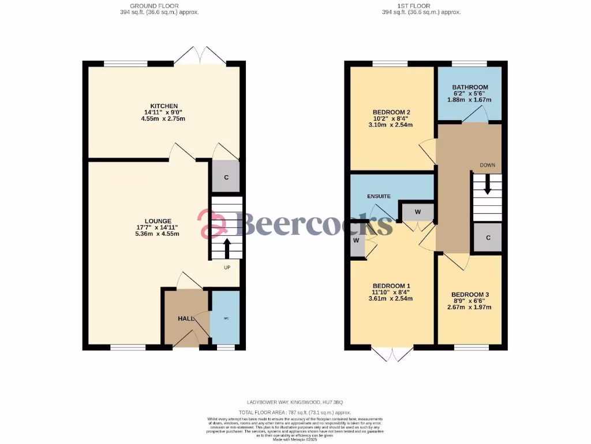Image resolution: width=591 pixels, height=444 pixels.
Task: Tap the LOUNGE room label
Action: tap(157, 221)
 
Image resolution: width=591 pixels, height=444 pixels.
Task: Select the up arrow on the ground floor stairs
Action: tap(226, 248)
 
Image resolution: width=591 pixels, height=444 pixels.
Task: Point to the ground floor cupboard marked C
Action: tap(226, 177)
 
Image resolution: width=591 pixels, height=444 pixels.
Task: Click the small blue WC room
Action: tap(225, 318)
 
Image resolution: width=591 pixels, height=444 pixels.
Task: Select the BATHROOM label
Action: tap(470, 87)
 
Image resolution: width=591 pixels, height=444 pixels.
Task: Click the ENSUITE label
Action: tap(380, 197)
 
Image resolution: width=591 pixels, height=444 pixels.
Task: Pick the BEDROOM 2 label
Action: tap(391, 112)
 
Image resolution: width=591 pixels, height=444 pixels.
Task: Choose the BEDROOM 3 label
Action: tap(470, 295)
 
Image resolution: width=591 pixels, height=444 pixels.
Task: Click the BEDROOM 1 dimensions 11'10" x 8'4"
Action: tap(391, 293)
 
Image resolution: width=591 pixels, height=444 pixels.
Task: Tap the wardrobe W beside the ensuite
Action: tap(417, 212)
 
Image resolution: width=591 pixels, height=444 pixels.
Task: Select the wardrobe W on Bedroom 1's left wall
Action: tap(357, 240)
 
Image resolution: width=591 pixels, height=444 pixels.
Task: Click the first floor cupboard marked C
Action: tap(488, 238)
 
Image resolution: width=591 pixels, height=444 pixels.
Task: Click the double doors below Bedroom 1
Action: tap(392, 354)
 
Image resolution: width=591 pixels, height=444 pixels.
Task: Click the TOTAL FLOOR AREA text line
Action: tap(295, 412)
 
